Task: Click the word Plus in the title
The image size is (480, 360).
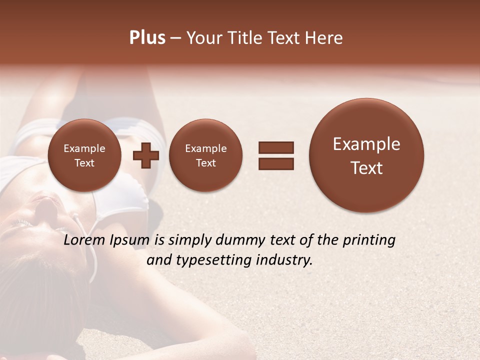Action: coord(147,38)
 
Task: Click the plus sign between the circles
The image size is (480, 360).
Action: coord(146,155)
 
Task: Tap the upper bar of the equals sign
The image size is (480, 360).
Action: coord(276,147)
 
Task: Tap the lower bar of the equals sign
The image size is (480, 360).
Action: coord(276,163)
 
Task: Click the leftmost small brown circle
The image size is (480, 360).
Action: coord(84,155)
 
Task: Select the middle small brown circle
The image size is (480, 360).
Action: coord(206,155)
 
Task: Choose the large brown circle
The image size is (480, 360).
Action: coord(366,155)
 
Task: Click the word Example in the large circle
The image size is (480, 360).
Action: coord(366,144)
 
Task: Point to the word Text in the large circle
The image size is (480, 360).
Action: coord(366,168)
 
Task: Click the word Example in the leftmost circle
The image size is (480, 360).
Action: coord(84,148)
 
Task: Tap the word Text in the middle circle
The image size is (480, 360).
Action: coord(206,163)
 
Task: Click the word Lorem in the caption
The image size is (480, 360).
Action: coord(82,240)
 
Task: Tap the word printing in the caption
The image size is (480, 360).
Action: coord(368,240)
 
